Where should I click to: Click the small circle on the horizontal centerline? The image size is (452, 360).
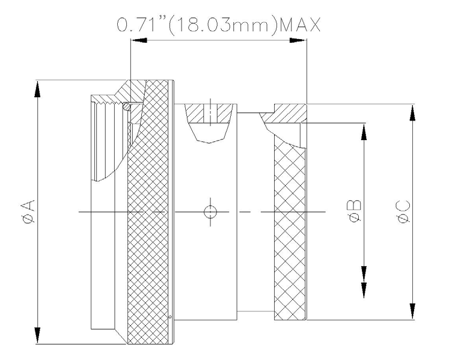pyautogui.click(x=210, y=212)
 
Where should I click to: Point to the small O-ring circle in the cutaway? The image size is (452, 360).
pyautogui.click(x=126, y=106)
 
